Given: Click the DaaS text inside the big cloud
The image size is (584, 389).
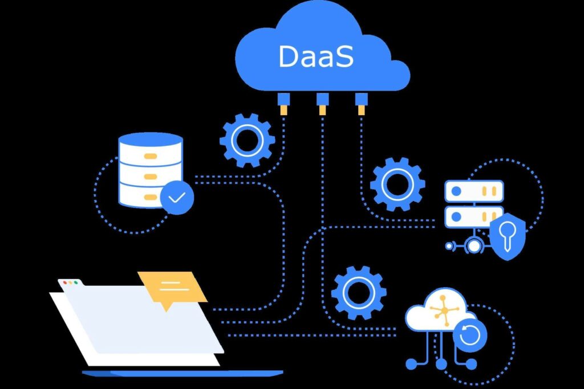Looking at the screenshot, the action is [316, 56].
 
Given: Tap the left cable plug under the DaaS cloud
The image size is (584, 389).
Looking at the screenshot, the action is [283, 104].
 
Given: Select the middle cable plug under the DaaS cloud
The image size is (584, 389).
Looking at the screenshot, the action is [323, 104].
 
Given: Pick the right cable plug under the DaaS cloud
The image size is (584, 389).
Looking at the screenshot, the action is [361, 104].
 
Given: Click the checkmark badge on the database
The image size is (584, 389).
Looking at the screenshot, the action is [177, 198].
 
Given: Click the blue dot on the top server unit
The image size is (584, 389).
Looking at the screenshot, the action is [456, 191].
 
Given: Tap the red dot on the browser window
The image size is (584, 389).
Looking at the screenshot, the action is [65, 282].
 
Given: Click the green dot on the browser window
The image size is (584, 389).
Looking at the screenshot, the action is [76, 282].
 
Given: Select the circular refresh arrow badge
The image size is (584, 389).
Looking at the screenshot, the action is [470, 335].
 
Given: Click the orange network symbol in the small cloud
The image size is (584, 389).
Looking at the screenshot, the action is [443, 309].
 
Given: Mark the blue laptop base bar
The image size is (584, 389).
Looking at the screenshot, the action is [182, 373].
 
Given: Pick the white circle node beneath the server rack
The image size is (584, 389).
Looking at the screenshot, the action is [474, 246].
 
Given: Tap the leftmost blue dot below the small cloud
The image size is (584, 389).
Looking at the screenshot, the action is [411, 364].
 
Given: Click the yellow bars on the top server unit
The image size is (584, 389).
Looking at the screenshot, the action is [489, 191].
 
